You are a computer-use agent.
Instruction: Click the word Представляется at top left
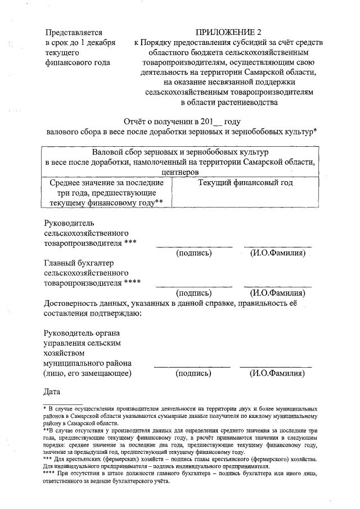coord(73,33)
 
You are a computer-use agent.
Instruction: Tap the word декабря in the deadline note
coord(103,43)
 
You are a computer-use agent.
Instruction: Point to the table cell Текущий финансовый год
coord(245,183)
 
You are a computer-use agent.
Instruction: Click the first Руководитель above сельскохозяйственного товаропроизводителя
coord(69,223)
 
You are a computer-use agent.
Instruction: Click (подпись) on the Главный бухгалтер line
coord(194,293)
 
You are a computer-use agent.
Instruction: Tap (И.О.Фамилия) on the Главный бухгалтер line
coord(277,293)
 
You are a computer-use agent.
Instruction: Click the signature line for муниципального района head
coord(192,367)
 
